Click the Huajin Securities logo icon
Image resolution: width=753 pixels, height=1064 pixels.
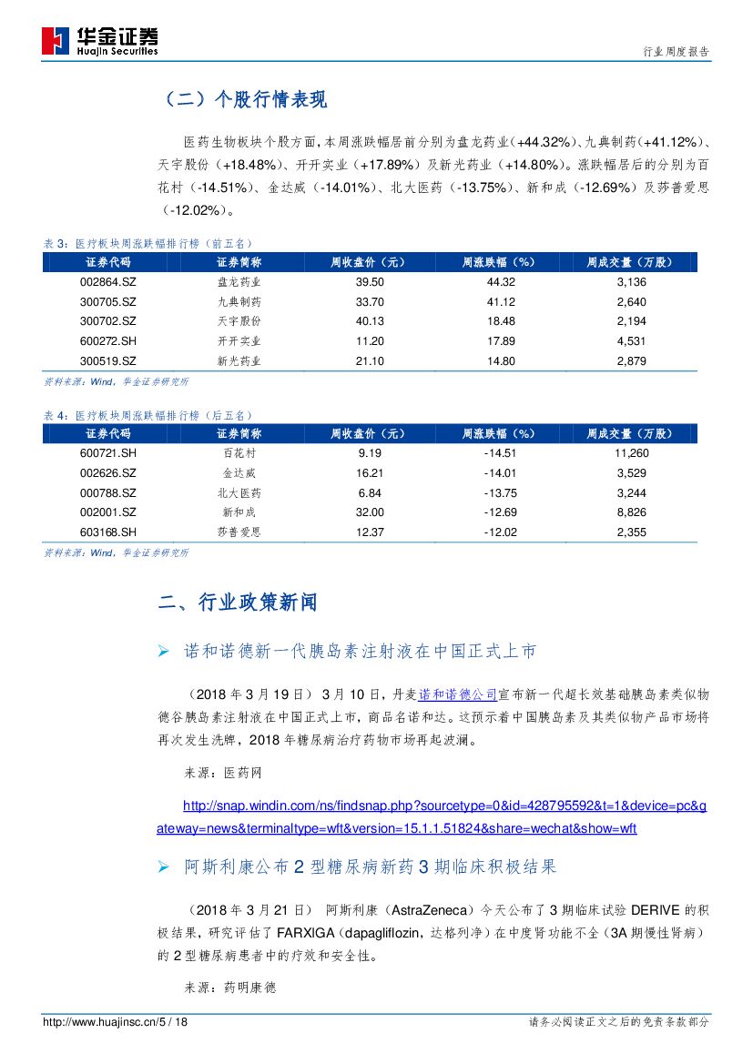(56, 40)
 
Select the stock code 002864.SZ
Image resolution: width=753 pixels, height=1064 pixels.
(108, 282)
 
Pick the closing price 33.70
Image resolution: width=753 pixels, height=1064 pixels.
(371, 302)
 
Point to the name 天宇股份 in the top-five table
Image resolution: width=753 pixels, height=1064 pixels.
(239, 321)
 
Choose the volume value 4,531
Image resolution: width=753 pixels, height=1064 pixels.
(630, 341)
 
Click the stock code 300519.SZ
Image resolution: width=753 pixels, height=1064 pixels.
(108, 360)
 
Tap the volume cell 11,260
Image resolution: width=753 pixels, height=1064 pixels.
(630, 453)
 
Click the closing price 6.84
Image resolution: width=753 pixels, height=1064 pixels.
(371, 492)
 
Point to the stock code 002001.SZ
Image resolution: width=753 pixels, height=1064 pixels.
(108, 512)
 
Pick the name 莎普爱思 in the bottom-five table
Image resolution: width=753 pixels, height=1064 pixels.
(239, 532)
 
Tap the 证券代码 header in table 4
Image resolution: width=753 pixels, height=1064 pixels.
(108, 433)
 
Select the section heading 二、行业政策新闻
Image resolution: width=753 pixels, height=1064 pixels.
(238, 603)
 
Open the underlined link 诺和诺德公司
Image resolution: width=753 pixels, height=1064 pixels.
(457, 694)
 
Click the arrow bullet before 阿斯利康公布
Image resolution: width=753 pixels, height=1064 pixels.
(164, 868)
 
